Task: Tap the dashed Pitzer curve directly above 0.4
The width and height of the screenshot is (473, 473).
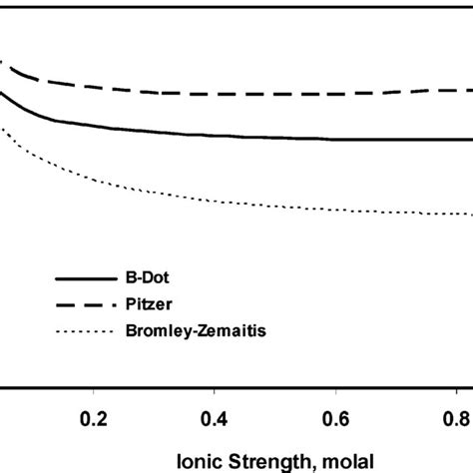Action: (x=215, y=94)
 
